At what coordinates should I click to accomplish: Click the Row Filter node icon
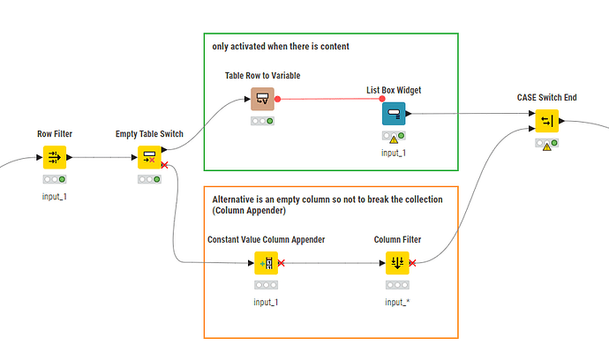pos(55,157)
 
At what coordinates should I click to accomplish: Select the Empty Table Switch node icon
pos(149,157)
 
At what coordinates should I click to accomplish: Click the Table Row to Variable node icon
pos(263,99)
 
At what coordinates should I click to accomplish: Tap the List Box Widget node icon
pos(395,113)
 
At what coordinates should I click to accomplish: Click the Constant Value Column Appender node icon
pos(266,263)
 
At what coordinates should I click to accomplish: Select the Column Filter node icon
pos(397,263)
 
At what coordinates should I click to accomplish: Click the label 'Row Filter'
pos(55,133)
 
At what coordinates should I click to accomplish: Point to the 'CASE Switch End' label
pos(547,97)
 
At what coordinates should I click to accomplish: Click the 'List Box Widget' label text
pos(395,90)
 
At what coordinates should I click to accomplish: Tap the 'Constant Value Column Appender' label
pos(266,239)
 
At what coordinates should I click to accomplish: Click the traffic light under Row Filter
pos(55,179)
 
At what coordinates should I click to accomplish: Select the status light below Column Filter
pos(397,285)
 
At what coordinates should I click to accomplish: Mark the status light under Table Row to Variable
pos(263,121)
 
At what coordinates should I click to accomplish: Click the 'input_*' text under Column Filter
pos(397,302)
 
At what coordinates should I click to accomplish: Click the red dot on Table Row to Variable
pos(278,99)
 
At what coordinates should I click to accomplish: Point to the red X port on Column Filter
pos(412,262)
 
